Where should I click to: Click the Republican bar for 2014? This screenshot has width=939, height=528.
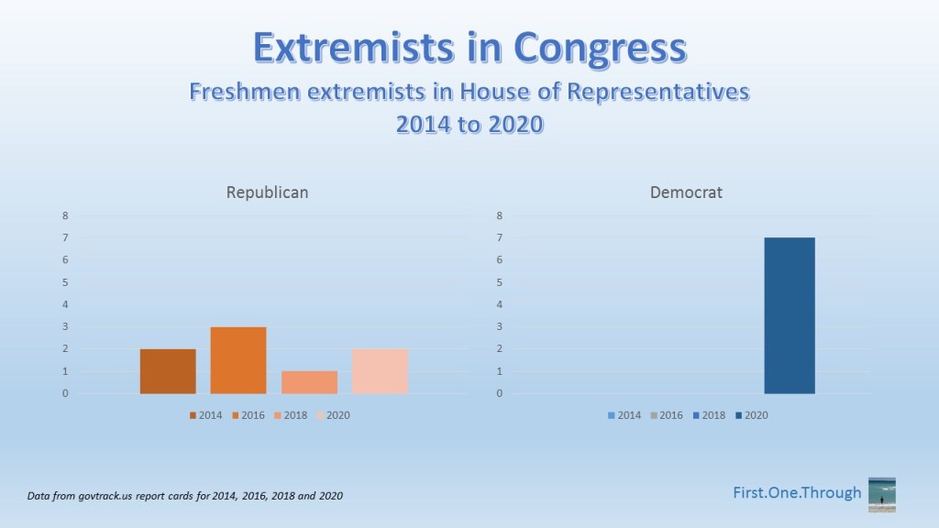pos(168,371)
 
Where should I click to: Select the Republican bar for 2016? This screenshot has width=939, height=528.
pos(238,360)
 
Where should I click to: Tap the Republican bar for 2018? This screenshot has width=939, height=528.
pos(309,382)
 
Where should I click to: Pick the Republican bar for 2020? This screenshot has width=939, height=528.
pos(380,371)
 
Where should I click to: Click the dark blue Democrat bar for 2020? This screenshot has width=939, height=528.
pos(790,315)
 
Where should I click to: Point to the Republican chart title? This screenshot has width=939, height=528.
pos(267,192)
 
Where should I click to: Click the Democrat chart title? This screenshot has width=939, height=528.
pos(686,192)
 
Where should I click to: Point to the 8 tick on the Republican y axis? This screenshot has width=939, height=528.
pos(65,216)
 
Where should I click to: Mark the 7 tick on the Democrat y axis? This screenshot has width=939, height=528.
pos(499,238)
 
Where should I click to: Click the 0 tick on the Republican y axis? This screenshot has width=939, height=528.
pos(65,393)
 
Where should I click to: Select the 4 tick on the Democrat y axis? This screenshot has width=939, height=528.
pos(499,304)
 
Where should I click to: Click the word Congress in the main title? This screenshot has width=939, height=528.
pos(598,47)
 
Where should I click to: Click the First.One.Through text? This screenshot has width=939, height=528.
pos(797,493)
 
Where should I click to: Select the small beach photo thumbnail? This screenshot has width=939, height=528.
pos(881,494)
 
